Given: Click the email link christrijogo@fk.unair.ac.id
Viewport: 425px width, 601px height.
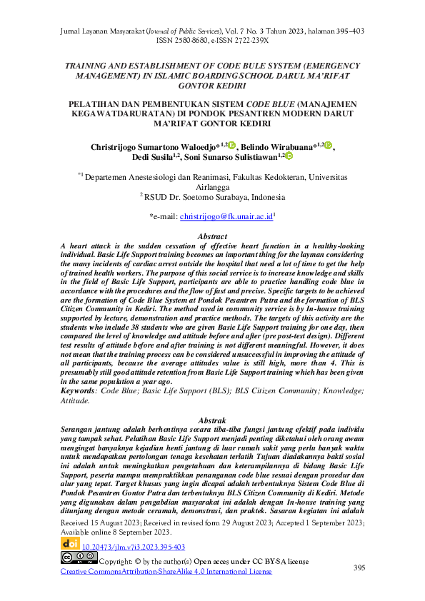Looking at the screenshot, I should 226,215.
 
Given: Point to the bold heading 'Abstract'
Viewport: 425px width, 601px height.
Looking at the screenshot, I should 211,236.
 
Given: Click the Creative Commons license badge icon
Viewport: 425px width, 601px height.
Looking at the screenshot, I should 79,558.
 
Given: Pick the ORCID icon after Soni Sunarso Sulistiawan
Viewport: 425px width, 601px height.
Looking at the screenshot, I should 289,156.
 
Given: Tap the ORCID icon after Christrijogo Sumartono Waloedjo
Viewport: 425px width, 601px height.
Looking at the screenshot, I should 231,146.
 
